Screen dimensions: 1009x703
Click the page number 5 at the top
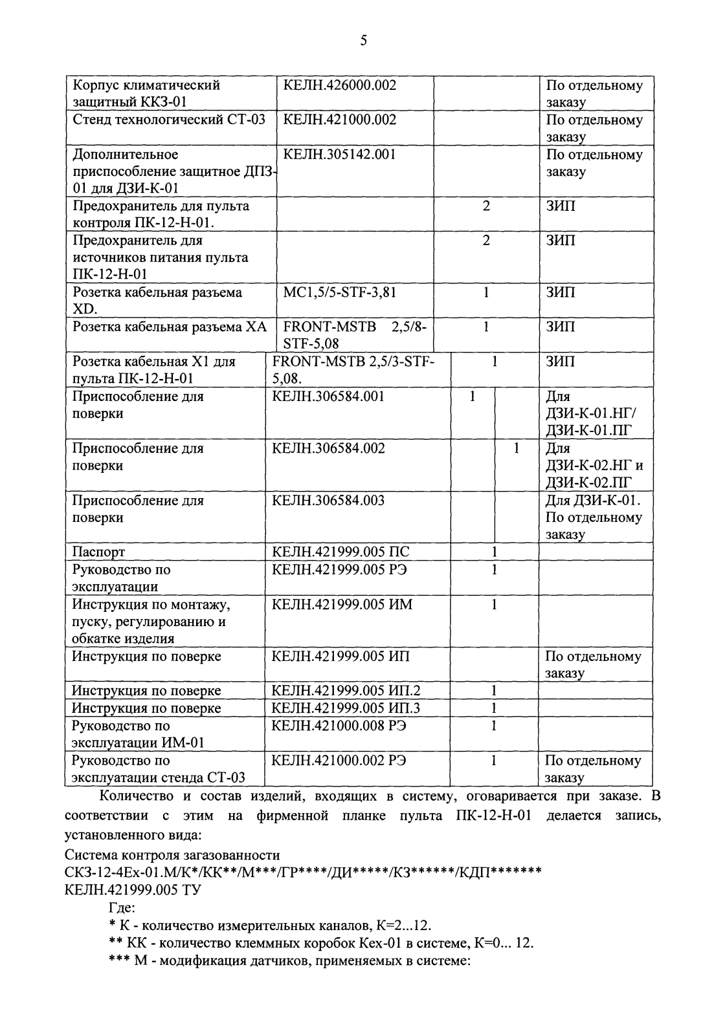click(363, 41)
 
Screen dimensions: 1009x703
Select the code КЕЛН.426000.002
click(339, 85)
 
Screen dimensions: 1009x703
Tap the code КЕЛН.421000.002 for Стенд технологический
click(339, 120)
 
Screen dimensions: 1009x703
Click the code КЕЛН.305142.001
click(339, 155)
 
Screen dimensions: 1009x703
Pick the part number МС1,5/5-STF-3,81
click(339, 292)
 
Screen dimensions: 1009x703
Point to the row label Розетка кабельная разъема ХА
click(169, 327)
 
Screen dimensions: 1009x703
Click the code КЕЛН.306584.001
click(328, 396)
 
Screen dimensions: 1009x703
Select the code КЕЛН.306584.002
click(328, 448)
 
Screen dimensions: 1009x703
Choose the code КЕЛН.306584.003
click(328, 500)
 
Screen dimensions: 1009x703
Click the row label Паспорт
click(98, 552)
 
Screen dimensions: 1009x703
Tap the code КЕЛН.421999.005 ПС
click(340, 552)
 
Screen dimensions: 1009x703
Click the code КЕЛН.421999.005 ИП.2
click(346, 691)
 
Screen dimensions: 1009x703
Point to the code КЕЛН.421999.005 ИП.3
click(346, 708)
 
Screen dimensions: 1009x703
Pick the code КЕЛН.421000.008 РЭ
click(339, 726)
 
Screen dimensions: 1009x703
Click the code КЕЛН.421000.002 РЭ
click(339, 761)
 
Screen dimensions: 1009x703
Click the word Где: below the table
click(121, 908)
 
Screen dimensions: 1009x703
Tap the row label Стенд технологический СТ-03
click(168, 120)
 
